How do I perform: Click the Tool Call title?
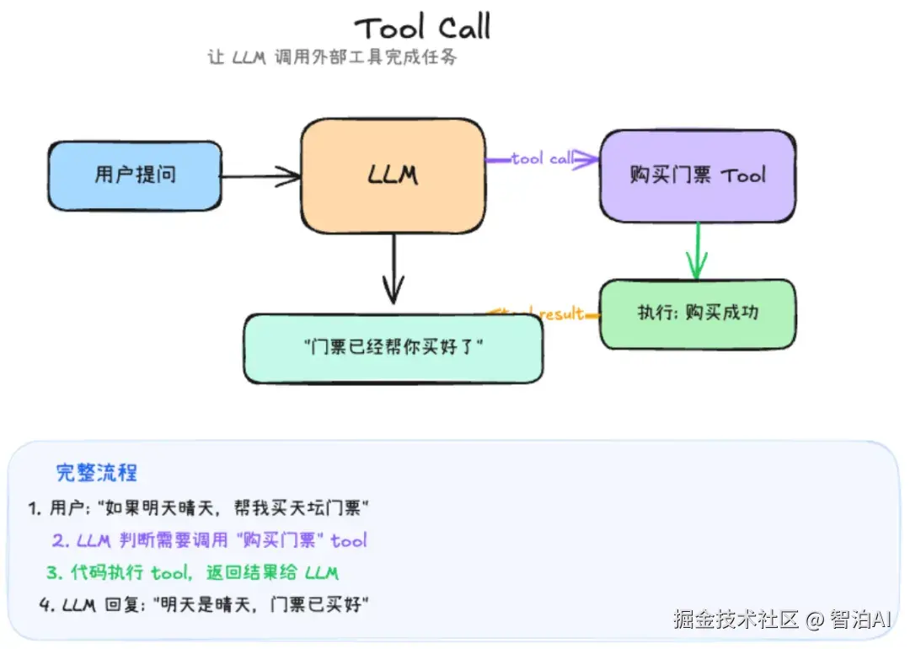[x=422, y=28]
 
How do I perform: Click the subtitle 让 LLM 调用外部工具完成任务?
[x=332, y=58]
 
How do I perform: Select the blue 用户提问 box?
[x=135, y=175]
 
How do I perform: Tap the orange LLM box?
[x=393, y=175]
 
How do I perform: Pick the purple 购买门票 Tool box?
[x=697, y=175]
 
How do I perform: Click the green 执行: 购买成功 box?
[x=697, y=313]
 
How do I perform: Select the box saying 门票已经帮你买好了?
[x=393, y=347]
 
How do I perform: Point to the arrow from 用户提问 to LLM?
[x=261, y=176]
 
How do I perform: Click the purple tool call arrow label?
[x=542, y=158]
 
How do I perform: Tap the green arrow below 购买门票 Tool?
[x=696, y=251]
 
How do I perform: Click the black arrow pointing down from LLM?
[x=393, y=270]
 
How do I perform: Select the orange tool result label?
[x=543, y=314]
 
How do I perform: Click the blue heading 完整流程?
[x=96, y=472]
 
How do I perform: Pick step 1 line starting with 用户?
[x=199, y=507]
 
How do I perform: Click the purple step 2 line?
[x=209, y=540]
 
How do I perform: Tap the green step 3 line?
[x=192, y=573]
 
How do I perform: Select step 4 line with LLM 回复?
[x=204, y=605]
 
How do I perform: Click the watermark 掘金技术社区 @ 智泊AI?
[x=781, y=620]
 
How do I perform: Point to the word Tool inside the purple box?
[x=743, y=175]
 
